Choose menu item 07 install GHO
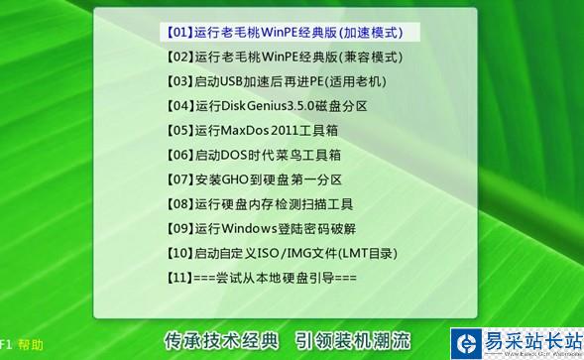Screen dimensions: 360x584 (254, 180)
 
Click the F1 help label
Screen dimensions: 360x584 (22, 345)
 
